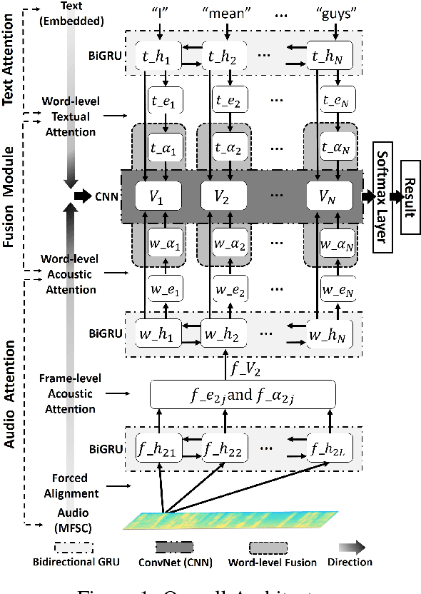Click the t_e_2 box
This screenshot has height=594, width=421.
pyautogui.click(x=223, y=101)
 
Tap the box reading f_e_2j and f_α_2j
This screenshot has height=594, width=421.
pyautogui.click(x=243, y=392)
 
